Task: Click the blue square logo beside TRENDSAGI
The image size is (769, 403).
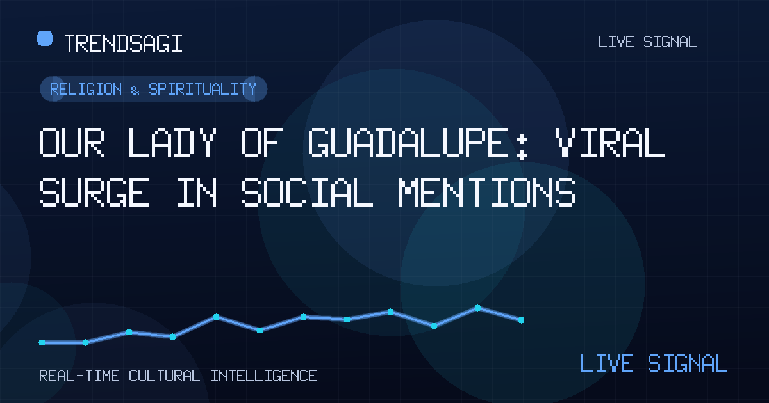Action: point(45,38)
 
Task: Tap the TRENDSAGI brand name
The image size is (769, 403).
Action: point(123,43)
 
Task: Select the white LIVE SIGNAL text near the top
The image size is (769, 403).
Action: point(647,42)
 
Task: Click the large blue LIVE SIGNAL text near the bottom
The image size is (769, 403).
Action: point(654,363)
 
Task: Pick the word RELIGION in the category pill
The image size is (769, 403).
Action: point(86,89)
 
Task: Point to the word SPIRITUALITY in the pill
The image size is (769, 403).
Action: point(203,89)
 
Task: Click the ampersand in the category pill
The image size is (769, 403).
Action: point(135,90)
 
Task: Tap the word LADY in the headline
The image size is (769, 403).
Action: point(172,142)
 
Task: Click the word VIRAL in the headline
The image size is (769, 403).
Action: point(609,142)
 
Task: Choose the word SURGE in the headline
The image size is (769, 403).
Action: point(94,192)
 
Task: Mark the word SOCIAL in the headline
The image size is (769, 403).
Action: point(307,192)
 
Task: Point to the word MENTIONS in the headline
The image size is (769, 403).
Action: point(486,192)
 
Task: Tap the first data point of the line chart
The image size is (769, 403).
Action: point(42,342)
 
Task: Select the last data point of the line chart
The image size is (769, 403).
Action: point(521,320)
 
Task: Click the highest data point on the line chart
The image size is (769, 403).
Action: point(477,308)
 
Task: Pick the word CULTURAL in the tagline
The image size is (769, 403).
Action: point(165,376)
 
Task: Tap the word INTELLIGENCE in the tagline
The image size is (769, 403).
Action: point(263,376)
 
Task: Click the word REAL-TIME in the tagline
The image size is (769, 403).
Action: point(79,376)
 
